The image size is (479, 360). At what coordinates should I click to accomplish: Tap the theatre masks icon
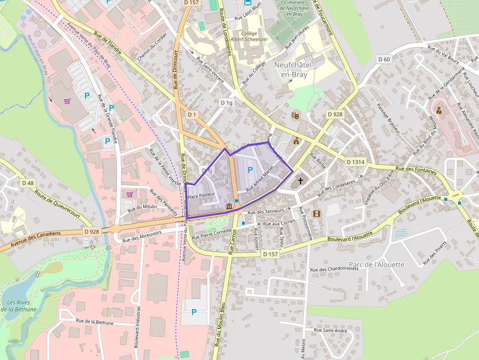pos(295,116)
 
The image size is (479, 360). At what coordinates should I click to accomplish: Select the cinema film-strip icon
pos(317,213)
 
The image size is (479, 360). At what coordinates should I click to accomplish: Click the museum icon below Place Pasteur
pos(229,207)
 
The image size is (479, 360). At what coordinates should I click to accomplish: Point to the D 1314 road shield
pos(355,162)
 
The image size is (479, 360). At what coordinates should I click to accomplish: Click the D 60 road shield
pos(384,60)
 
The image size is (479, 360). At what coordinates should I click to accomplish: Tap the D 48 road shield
pos(28,183)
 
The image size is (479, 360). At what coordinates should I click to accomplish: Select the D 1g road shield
pos(226,103)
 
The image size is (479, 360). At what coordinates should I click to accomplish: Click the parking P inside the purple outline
pos(250,170)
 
